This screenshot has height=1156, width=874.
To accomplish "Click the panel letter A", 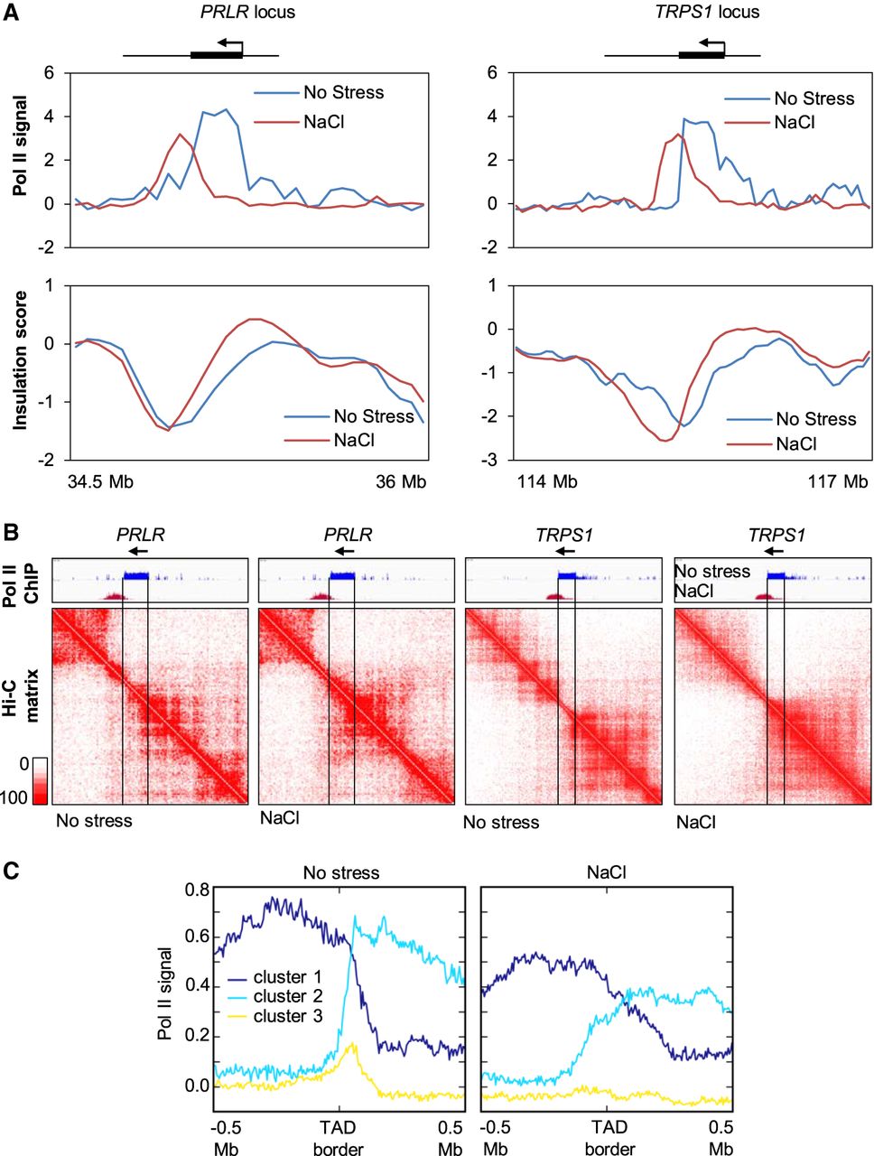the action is click(11, 12).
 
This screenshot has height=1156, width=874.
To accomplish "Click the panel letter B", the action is click(11, 533).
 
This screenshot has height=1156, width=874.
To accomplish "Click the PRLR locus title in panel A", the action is click(247, 12).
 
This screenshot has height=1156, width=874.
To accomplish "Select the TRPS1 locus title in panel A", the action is click(707, 12).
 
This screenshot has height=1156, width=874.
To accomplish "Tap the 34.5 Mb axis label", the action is click(100, 481).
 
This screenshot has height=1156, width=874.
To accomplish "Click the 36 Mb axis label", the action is click(401, 481).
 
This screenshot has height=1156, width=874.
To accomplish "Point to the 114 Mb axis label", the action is click(547, 481).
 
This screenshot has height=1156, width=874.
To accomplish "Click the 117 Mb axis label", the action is click(838, 481).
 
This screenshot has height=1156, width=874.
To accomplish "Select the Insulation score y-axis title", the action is click(20, 360).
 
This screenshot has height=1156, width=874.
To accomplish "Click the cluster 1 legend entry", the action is click(274, 977).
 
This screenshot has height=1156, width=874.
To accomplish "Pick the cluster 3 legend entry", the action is click(274, 1016).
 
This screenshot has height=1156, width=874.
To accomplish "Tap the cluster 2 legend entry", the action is click(274, 996).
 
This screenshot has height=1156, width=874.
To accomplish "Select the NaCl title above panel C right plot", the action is click(607, 872).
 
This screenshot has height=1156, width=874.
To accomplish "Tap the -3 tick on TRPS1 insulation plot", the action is click(489, 461).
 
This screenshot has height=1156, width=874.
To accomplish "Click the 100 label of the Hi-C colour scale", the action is click(14, 797).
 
